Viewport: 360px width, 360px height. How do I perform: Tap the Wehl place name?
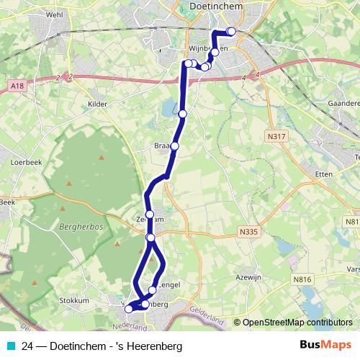[x=55, y=14]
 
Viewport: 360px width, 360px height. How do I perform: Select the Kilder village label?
[x=97, y=104]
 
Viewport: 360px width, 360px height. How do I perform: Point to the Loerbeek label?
[x=27, y=163]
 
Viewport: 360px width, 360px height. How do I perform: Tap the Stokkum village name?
[x=74, y=300]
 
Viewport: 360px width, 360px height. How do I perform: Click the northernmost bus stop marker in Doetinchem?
[x=230, y=31]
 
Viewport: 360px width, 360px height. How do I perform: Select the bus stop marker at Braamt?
[x=174, y=146]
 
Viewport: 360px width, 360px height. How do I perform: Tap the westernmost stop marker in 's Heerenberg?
[x=129, y=309]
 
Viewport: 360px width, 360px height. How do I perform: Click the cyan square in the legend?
[x=10, y=346]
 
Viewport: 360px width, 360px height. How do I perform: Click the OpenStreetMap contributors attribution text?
[x=297, y=323]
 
